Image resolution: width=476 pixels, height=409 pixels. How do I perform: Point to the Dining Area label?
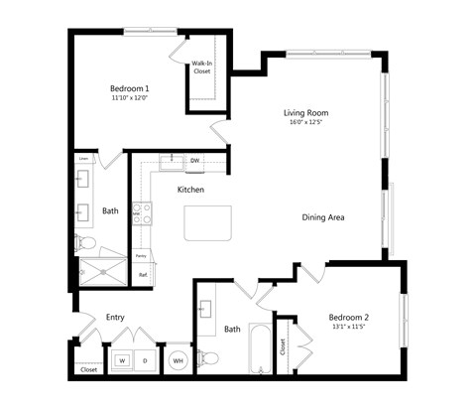coord(323,216)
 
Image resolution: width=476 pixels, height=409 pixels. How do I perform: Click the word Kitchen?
coord(191,189)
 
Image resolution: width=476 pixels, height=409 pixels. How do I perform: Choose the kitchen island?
coord(208,223)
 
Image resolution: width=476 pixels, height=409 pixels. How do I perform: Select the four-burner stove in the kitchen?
coord(142,213)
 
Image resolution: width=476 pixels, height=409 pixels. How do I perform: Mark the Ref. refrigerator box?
coord(143,274)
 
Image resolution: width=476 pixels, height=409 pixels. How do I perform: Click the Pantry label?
coord(142,255)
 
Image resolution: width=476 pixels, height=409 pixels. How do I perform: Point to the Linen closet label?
coord(83,159)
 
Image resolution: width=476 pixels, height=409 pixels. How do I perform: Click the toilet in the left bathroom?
coord(86,242)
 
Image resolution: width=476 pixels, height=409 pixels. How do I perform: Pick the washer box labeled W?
coord(122,360)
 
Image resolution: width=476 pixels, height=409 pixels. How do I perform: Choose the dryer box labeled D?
coord(145,360)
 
